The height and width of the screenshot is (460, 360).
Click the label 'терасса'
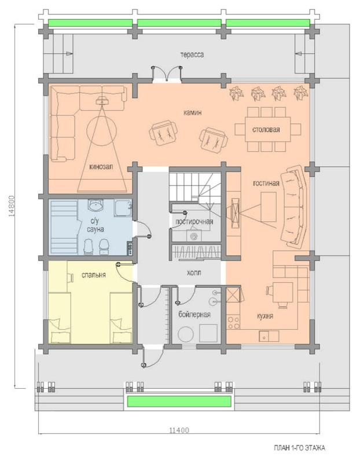192,55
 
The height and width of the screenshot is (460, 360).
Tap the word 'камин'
192,112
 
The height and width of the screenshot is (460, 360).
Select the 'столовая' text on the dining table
266,129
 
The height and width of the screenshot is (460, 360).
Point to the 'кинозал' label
101,167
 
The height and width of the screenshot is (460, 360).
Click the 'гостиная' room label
266,183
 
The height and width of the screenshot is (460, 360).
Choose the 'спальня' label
94,275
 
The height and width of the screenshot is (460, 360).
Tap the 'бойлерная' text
194,315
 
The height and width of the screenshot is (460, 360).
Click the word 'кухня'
265,316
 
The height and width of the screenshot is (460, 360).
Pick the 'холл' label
194,272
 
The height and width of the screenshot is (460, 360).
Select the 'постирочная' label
194,221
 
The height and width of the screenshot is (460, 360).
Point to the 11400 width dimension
179,430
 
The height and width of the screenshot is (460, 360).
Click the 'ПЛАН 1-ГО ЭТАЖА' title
299,448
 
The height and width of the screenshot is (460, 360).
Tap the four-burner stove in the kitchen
233,323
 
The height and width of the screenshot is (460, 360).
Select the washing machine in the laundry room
194,236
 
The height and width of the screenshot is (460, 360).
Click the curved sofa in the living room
293,207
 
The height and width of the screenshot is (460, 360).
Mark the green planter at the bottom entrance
179,401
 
